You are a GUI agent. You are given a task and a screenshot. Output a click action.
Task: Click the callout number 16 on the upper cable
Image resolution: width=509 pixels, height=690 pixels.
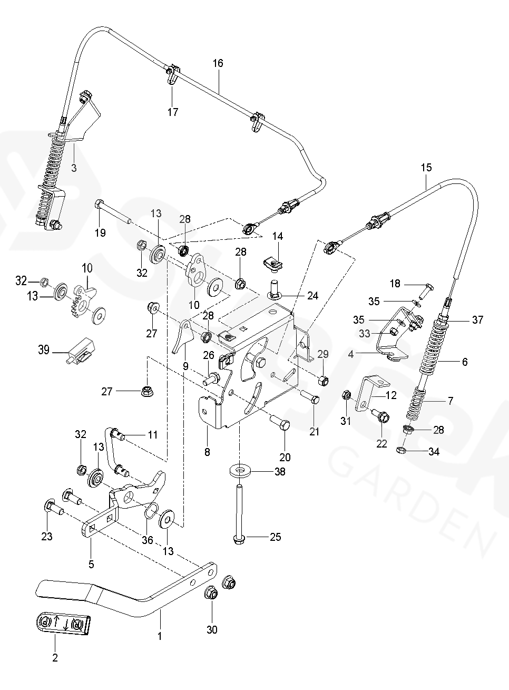click(x=218, y=63)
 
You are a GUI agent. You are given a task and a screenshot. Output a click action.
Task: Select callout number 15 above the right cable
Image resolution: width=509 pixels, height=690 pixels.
click(x=426, y=168)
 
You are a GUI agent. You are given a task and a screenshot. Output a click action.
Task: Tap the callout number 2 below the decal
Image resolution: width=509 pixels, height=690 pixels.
click(x=55, y=657)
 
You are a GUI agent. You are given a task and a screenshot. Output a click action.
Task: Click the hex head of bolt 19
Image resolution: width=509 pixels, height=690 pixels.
click(x=100, y=205)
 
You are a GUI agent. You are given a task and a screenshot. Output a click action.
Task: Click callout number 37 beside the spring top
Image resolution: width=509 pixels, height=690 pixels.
click(x=477, y=319)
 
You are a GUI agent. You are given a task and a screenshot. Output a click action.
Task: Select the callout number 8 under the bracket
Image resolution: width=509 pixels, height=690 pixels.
click(x=207, y=452)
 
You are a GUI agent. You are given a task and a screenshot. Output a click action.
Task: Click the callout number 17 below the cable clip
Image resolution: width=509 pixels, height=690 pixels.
click(x=173, y=112)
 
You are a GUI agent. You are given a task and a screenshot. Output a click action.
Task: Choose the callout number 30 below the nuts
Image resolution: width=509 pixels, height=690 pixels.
click(x=212, y=629)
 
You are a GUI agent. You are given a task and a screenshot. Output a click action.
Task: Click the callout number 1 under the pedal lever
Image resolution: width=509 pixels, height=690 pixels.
click(x=160, y=636)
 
